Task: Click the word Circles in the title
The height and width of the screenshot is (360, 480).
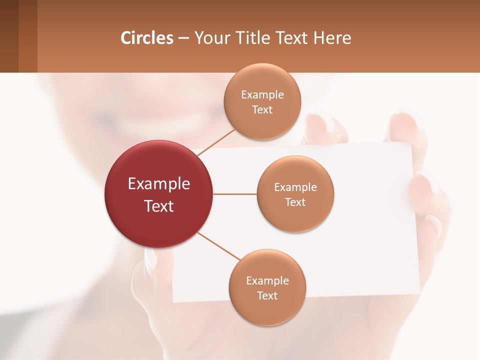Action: [147, 38]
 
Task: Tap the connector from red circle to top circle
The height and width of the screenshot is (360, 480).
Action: [216, 142]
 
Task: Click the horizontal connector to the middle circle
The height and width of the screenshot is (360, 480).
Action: [235, 194]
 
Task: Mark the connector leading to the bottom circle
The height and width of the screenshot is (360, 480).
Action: [218, 246]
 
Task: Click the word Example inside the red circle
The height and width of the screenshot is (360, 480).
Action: [159, 184]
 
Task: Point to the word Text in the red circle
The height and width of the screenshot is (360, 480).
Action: [159, 206]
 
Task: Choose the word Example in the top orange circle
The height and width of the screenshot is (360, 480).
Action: [262, 95]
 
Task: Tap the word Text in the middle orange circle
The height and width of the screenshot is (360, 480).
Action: [295, 202]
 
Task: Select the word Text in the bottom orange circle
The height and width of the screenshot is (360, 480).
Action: [267, 296]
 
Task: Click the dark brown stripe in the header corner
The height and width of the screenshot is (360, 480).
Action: [9, 36]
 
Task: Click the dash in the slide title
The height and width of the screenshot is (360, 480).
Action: [183, 38]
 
